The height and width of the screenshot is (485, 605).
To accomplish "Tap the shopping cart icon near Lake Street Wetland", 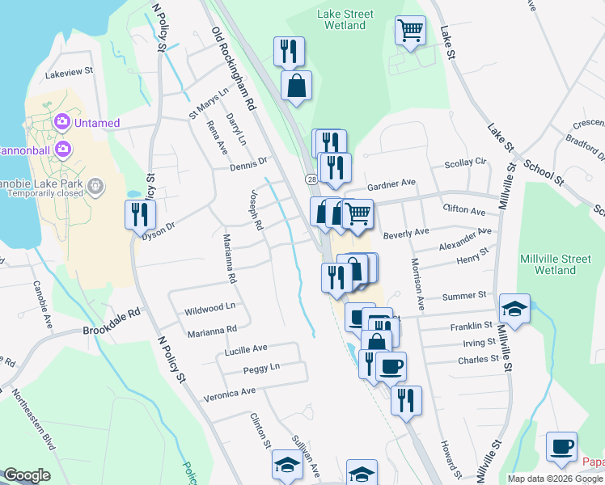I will click(x=410, y=32).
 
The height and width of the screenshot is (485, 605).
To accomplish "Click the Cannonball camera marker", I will click(x=62, y=150).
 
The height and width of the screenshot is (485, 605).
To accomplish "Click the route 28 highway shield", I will click(x=311, y=178).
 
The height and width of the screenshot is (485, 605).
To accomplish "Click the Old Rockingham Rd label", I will click(x=234, y=69).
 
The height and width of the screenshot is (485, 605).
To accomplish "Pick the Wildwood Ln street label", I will click(x=209, y=308).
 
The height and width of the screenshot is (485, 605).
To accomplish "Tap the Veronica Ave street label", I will click(x=229, y=391).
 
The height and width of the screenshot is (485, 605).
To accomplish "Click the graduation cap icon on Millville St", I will click(x=514, y=308).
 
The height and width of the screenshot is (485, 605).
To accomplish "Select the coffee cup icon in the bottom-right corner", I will click(x=561, y=446).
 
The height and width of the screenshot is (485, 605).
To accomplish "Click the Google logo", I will click(x=27, y=475).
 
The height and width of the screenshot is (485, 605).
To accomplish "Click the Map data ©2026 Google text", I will click(x=556, y=479).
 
